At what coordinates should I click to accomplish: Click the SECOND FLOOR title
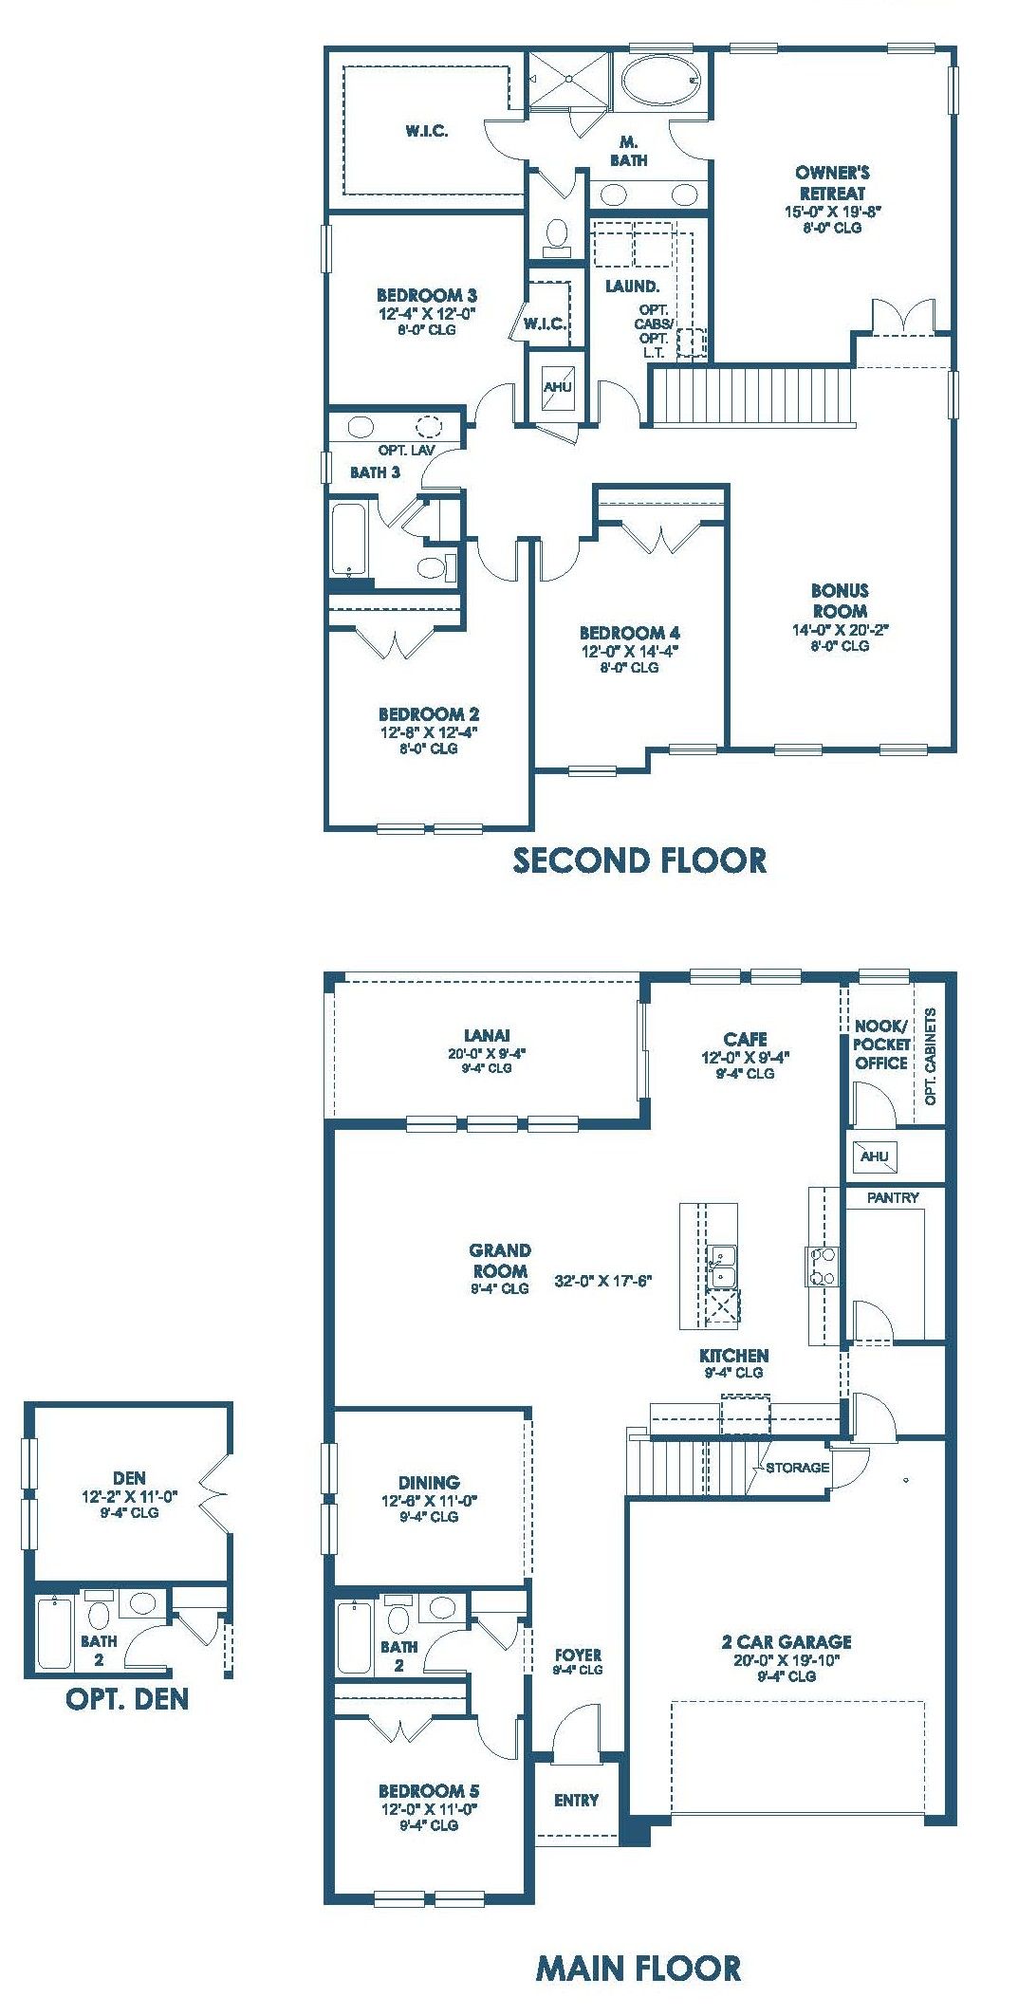click(x=639, y=860)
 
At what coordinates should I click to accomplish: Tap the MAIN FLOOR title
click(x=639, y=1969)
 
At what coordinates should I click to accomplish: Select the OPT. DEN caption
click(x=127, y=1698)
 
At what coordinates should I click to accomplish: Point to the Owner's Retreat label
click(x=832, y=182)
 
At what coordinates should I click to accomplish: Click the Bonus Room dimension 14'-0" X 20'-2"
click(x=840, y=629)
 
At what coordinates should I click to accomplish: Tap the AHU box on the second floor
click(x=558, y=387)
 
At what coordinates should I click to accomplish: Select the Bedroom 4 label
click(x=630, y=633)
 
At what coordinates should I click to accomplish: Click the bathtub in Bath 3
click(x=349, y=540)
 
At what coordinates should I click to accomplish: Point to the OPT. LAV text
click(x=406, y=451)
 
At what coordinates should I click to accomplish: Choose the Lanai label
click(x=487, y=1036)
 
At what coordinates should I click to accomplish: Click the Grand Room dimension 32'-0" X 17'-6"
click(x=603, y=1281)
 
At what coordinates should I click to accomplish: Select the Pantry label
click(x=893, y=1198)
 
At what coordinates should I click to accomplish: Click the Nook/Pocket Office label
click(x=881, y=1045)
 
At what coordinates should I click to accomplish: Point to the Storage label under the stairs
click(x=797, y=1468)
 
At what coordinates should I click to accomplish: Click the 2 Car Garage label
click(x=787, y=1642)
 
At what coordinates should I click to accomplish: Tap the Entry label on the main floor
click(x=576, y=1801)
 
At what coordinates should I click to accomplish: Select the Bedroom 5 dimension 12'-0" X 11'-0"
click(x=429, y=1809)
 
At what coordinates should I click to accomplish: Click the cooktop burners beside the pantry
click(x=823, y=1266)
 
